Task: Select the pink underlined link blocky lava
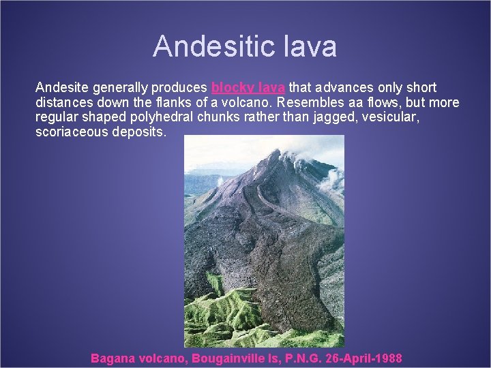coord(248,88)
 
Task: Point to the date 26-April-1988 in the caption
coord(369,358)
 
